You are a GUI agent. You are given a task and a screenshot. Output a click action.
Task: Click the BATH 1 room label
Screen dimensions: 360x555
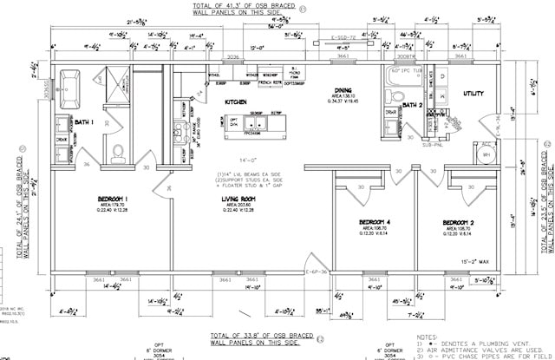pyautogui.click(x=83, y=122)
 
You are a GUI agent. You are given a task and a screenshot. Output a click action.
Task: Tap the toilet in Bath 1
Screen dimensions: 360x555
pyautogui.click(x=120, y=154)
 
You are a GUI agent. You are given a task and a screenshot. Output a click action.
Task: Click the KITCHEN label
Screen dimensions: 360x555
pyautogui.click(x=236, y=102)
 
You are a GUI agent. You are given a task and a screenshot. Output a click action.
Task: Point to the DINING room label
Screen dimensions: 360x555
pyautogui.click(x=343, y=90)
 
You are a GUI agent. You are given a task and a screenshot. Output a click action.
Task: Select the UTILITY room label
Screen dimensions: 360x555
pyautogui.click(x=473, y=93)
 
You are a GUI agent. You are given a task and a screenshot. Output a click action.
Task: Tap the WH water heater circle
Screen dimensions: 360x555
pyautogui.click(x=486, y=154)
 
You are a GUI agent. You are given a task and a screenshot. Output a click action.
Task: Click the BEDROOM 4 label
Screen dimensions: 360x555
pyautogui.click(x=375, y=222)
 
